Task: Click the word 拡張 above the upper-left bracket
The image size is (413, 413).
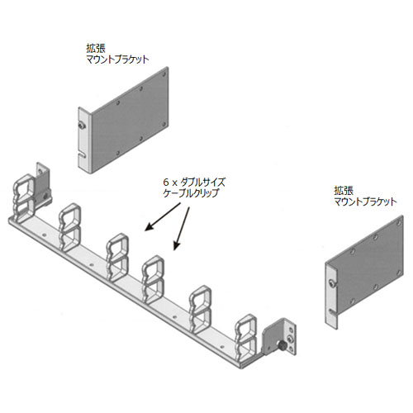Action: coord(96,49)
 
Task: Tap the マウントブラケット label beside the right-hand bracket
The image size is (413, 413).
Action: coord(365,202)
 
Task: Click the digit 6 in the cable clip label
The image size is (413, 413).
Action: coord(165,183)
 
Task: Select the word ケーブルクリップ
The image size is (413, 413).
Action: coord(191,192)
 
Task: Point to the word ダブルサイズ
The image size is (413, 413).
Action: coord(204,183)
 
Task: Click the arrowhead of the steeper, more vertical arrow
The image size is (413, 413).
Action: coord(177,246)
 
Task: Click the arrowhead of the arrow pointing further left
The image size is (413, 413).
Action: coord(149,227)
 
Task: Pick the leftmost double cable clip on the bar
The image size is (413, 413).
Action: coord(24,197)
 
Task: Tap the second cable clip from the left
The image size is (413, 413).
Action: coord(70,227)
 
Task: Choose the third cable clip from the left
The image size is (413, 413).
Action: coord(117,257)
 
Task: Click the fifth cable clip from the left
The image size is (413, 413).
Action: coord(201,309)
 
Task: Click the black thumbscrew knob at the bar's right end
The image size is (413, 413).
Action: coord(282,344)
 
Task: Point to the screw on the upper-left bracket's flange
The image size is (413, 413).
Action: coord(82,126)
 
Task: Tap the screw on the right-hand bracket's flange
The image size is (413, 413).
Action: coord(332,282)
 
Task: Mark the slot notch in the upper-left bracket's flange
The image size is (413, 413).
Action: coord(82,155)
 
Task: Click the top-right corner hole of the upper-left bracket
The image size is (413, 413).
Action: coord(164,74)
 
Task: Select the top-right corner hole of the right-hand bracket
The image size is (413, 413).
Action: coord(400,222)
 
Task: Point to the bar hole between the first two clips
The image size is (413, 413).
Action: coord(44,235)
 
